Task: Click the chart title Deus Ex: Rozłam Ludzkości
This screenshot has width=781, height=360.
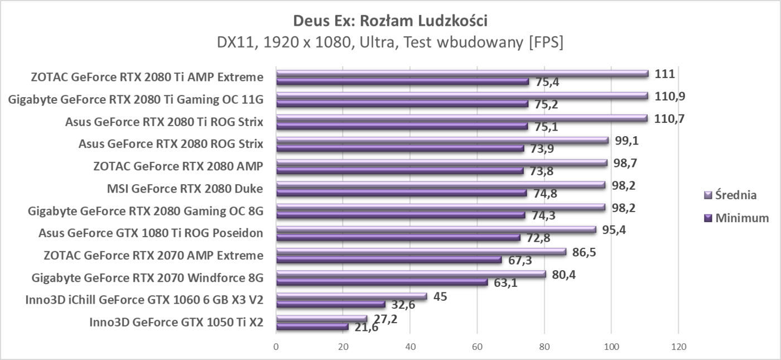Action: (390, 21)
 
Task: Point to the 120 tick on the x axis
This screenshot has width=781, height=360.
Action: (678, 346)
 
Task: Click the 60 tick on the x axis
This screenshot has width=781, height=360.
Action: (477, 346)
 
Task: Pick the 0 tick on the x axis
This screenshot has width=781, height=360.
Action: (276, 346)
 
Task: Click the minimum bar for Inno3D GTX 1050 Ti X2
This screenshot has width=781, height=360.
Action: (312, 327)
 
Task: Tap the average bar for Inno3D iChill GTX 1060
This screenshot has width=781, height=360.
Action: (351, 296)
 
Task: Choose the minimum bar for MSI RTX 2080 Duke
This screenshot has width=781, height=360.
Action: (401, 193)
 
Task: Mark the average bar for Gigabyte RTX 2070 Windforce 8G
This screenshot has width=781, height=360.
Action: (411, 274)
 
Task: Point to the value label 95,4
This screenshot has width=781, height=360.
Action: (613, 229)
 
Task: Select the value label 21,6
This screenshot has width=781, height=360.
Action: (363, 328)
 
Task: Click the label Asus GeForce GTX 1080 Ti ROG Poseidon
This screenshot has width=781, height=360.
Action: (151, 233)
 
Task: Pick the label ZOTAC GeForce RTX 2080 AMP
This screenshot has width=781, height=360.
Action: (179, 166)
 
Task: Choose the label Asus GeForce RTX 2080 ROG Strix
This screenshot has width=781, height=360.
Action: (171, 144)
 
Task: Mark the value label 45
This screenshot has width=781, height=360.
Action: (440, 296)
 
